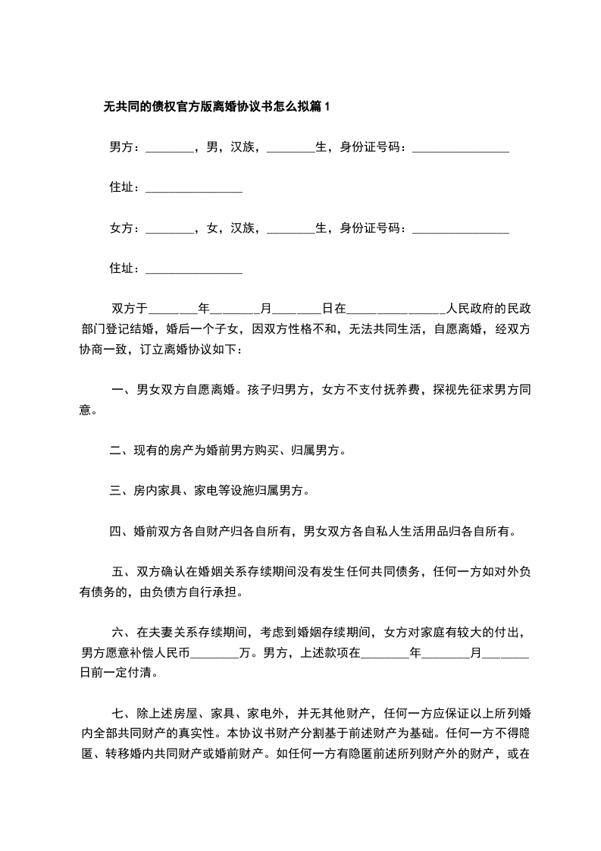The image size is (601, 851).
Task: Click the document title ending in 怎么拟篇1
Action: (x=217, y=107)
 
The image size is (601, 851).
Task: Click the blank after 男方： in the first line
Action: (x=169, y=148)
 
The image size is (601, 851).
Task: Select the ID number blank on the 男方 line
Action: (x=460, y=148)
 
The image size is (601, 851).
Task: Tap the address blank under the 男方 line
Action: (x=193, y=188)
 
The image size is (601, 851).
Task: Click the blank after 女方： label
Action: (x=169, y=228)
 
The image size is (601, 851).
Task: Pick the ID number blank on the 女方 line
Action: (x=460, y=228)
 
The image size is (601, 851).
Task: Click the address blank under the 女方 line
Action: (x=193, y=268)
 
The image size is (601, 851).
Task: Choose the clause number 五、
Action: (x=123, y=572)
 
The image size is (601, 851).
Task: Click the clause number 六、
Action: (x=123, y=632)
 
